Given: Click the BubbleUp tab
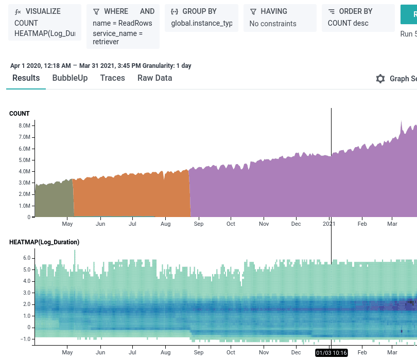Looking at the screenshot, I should point(70,78).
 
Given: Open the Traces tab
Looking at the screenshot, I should point(112,78).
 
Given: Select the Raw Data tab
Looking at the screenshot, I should point(154,78).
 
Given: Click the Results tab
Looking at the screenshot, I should point(26,78).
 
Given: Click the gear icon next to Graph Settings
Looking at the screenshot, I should point(380,79).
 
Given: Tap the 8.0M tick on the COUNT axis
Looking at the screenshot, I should point(24,125).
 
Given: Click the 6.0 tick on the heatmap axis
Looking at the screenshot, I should point(27,258).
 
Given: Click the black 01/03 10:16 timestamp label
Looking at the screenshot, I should point(331,353).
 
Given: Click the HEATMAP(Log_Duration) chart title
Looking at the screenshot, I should point(44,242).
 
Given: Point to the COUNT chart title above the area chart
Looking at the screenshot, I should point(20,114).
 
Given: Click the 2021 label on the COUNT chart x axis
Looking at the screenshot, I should point(329,224).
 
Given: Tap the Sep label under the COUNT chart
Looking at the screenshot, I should point(198,224).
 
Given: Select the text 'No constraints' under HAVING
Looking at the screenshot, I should point(273,24).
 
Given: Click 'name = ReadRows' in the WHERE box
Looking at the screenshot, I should point(122,23).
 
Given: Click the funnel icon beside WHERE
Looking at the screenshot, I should point(96,11).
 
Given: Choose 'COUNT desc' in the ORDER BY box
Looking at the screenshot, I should point(348,23).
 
